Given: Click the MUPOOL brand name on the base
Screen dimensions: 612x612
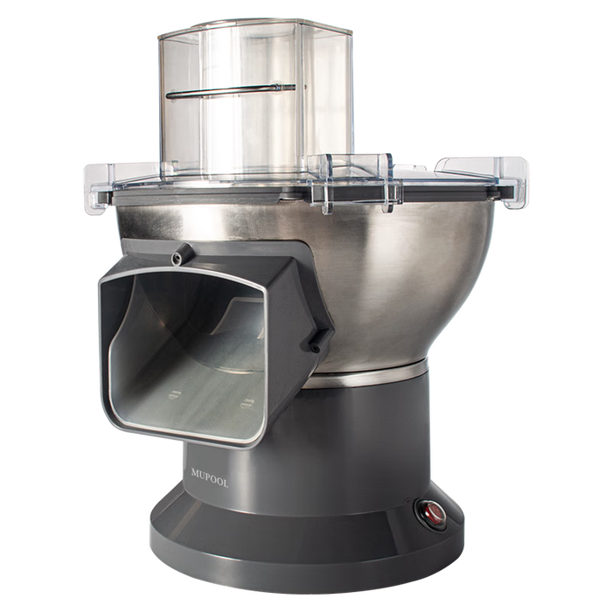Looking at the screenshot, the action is click(210, 478).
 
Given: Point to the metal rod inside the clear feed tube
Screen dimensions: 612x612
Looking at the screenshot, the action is click(231, 91).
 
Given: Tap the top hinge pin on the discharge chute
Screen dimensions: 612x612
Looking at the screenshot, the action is click(180, 255).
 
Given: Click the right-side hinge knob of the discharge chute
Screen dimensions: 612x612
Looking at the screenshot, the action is click(318, 339).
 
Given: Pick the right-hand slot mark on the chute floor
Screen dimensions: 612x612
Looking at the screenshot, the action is click(247, 404).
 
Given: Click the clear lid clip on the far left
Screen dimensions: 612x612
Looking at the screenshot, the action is click(98, 186).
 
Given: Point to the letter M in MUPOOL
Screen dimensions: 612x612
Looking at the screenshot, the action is click(195, 473).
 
